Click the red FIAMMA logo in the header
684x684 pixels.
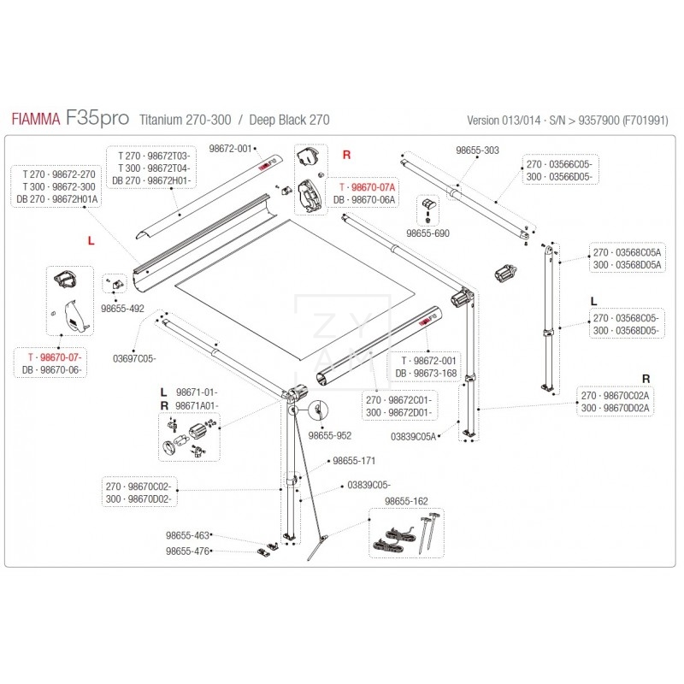[37, 121]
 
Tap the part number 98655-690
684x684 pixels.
[427, 233]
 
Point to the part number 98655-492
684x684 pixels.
[122, 306]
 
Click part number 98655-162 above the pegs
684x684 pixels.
[407, 502]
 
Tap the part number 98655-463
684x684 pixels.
[189, 536]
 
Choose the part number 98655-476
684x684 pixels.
[189, 551]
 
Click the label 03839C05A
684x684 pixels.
[414, 436]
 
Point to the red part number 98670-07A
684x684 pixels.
[368, 186]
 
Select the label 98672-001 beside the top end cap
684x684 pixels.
[233, 149]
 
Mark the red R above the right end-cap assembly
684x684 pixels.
[346, 156]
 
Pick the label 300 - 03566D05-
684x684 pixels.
[557, 175]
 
